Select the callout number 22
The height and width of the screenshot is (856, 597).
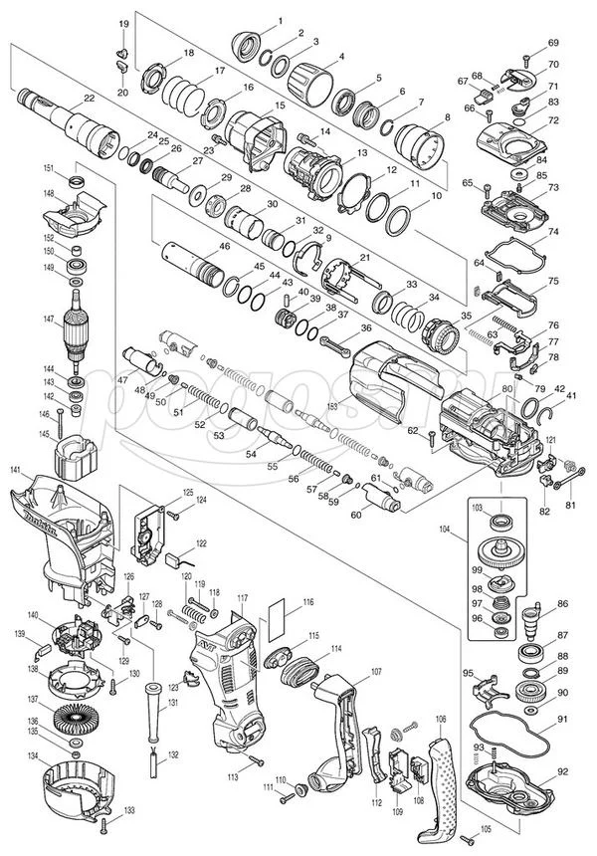pyautogui.click(x=89, y=98)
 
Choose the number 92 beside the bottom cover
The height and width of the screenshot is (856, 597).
pyautogui.click(x=562, y=770)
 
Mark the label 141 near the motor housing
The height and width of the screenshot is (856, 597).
pyautogui.click(x=15, y=469)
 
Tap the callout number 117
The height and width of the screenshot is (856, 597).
pyautogui.click(x=242, y=597)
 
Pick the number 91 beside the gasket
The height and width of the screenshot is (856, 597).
pyautogui.click(x=562, y=718)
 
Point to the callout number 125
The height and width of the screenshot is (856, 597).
pyautogui.click(x=187, y=493)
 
